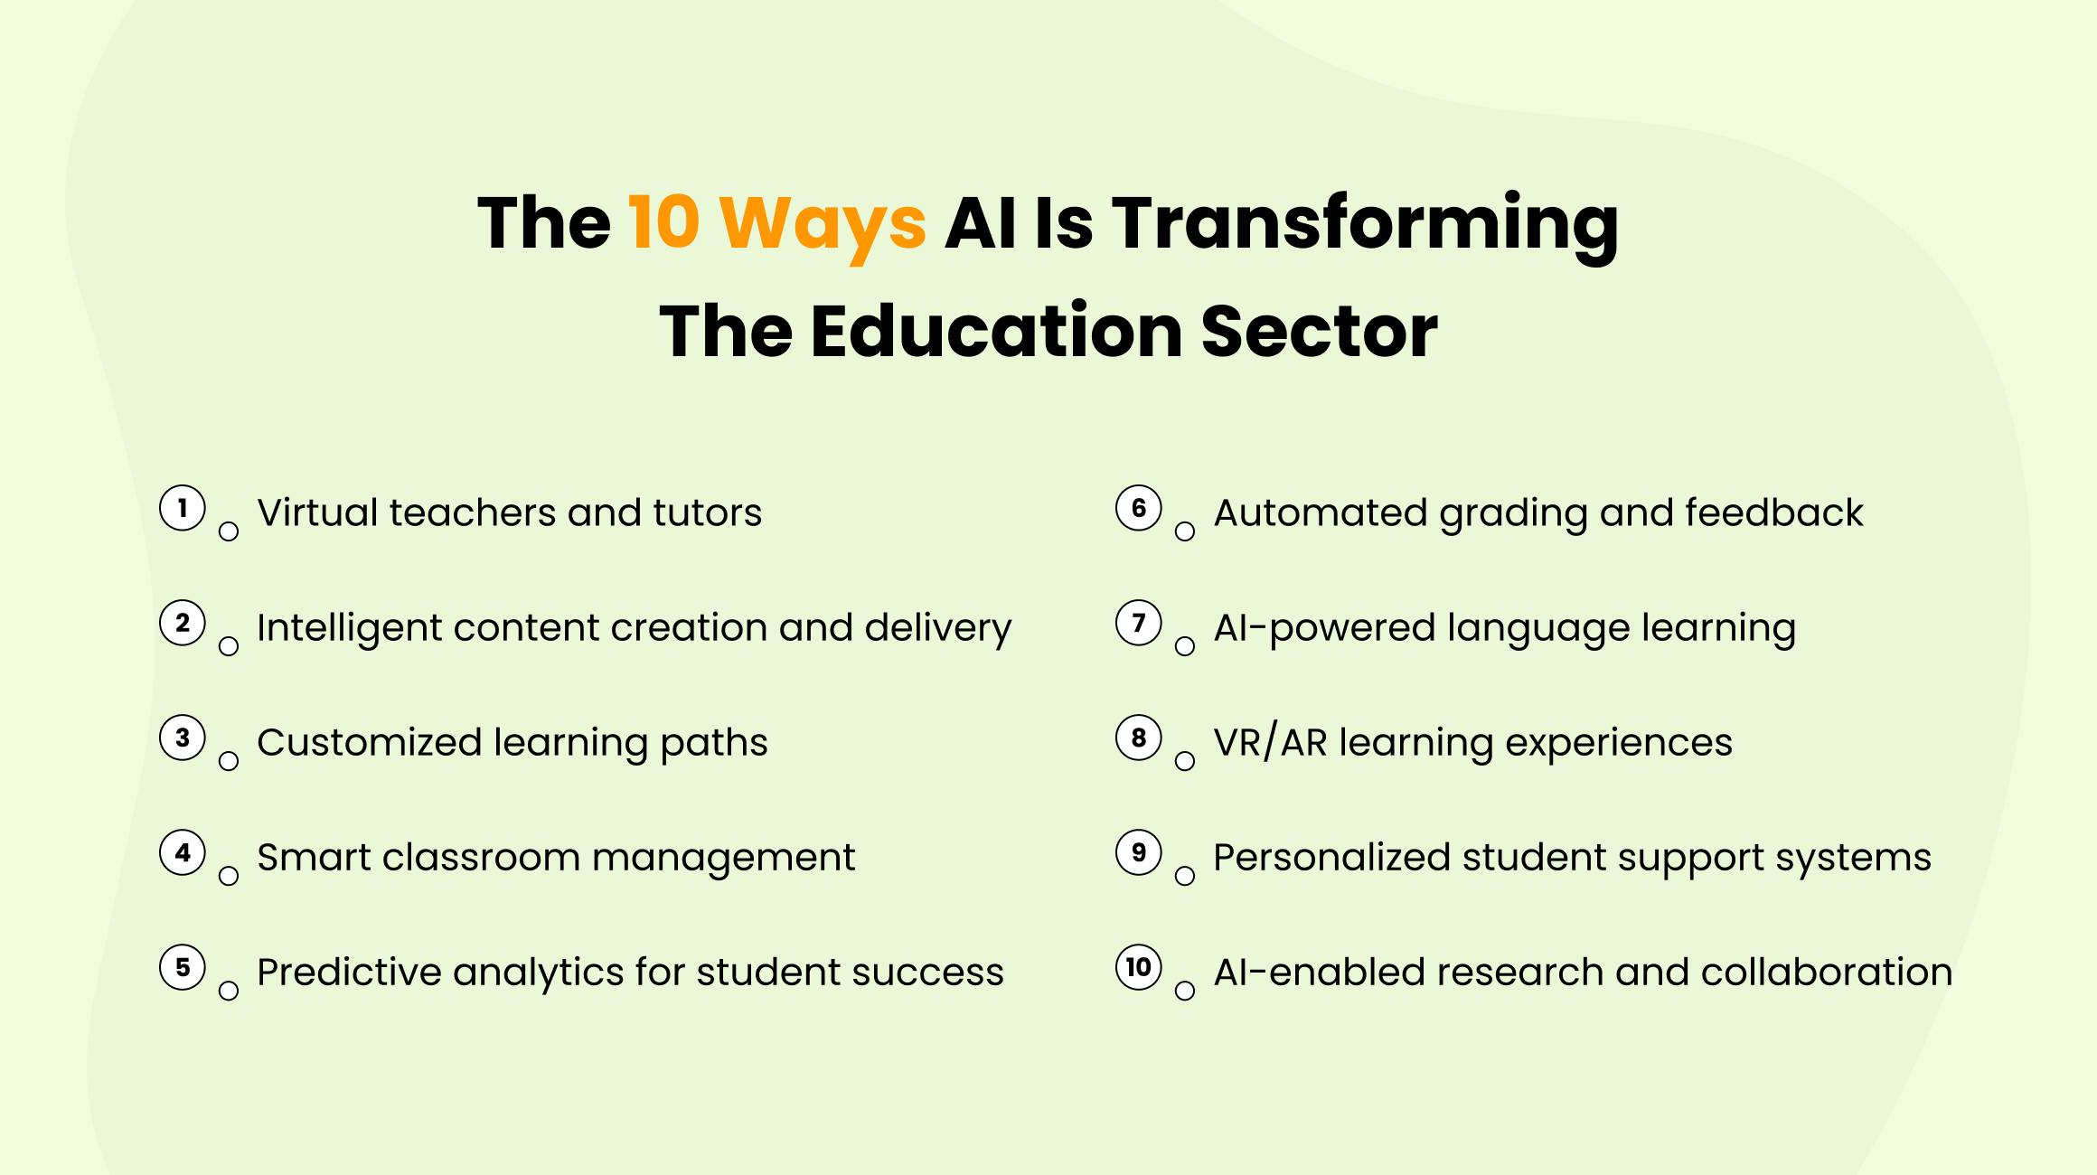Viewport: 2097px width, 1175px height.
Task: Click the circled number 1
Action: pyautogui.click(x=183, y=508)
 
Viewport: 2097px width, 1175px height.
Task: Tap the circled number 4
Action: pyautogui.click(x=183, y=852)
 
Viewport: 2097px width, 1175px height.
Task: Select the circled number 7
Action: pyautogui.click(x=1139, y=623)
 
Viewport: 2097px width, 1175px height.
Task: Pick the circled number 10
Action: pyautogui.click(x=1139, y=967)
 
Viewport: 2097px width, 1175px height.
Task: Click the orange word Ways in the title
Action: pyautogui.click(x=823, y=223)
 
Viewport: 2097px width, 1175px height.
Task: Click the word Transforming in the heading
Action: pyautogui.click(x=1365, y=223)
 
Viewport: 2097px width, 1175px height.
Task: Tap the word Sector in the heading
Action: pyautogui.click(x=1319, y=331)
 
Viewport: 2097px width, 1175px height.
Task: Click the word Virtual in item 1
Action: pyautogui.click(x=317, y=512)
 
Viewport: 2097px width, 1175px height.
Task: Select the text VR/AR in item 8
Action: pyautogui.click(x=1270, y=742)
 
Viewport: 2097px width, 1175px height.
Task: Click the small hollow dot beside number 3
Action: pyautogui.click(x=229, y=761)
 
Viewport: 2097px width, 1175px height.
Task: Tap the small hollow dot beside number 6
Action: pyautogui.click(x=1185, y=531)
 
